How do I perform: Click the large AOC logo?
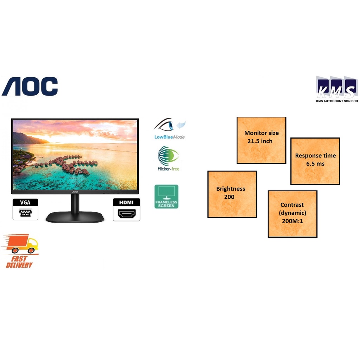coord(30,86)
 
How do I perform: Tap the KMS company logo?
coord(336,87)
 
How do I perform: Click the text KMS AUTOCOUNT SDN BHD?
coord(336,101)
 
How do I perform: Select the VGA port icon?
coord(25,210)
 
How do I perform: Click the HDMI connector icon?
coord(127,210)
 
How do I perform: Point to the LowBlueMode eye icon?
coord(169,125)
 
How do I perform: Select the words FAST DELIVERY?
coord(19,262)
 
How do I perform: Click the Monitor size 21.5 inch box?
coord(261,140)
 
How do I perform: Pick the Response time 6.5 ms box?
coord(315,161)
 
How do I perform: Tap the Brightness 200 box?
coord(232,194)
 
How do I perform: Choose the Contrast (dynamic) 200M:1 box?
coord(292,214)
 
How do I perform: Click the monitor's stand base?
coord(75,217)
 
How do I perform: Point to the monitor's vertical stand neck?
coord(75,203)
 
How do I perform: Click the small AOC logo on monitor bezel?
coord(75,192)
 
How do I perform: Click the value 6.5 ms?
coord(315,164)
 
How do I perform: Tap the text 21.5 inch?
coord(260,141)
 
